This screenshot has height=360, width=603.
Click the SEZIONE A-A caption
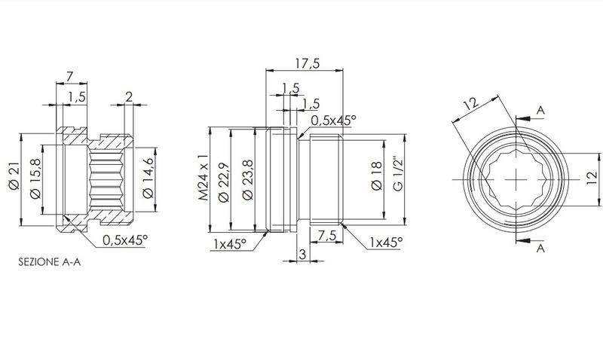click(50, 262)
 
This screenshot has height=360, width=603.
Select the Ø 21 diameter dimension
click(14, 176)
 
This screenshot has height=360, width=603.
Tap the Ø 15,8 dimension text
click(35, 180)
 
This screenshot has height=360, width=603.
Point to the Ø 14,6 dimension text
click(148, 179)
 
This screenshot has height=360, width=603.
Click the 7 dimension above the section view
click(69, 77)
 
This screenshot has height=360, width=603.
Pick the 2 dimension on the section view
click(129, 96)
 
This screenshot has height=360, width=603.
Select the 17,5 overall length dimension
click(308, 63)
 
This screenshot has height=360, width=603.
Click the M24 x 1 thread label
click(203, 177)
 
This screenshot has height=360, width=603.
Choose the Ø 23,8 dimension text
click(249, 180)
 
